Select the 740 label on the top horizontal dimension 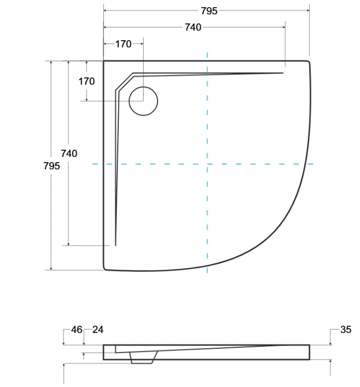click(x=193, y=27)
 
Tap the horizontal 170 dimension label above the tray click(x=123, y=44)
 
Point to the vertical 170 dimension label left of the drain click(x=86, y=81)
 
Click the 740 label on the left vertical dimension click(x=69, y=153)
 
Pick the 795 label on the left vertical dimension click(x=52, y=166)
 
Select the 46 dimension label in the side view click(x=76, y=330)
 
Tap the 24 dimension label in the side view click(x=97, y=330)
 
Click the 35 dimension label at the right click(x=346, y=330)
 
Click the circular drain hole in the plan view click(x=143, y=101)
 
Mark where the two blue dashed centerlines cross click(x=207, y=164)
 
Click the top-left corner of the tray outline click(x=105, y=62)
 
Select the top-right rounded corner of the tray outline click(x=308, y=63)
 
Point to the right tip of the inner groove click(x=283, y=73)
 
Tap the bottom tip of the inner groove click(x=116, y=245)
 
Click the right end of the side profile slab click(x=309, y=352)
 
